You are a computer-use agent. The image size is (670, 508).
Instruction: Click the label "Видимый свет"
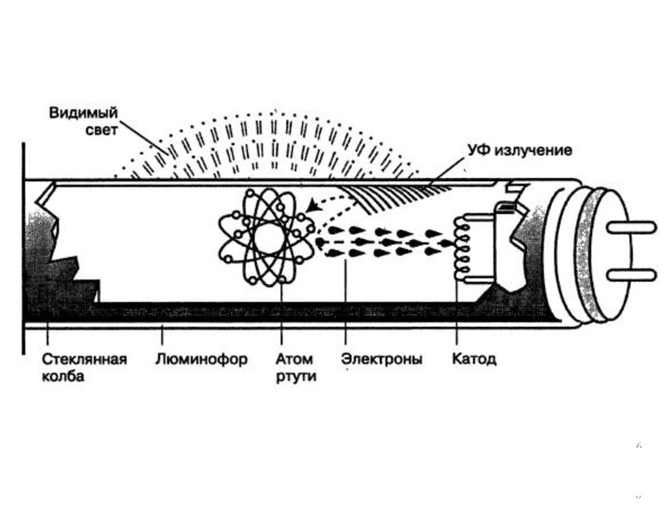(x=83, y=121)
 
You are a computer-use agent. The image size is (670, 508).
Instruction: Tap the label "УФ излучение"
(x=519, y=150)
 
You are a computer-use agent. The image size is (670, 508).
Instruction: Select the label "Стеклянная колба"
(x=85, y=367)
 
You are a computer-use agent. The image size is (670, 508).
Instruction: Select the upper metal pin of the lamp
(x=630, y=227)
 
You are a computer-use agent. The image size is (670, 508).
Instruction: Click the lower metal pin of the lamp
(x=630, y=275)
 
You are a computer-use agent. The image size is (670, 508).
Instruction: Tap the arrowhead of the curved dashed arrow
(x=311, y=207)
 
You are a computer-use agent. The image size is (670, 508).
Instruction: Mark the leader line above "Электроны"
(x=346, y=304)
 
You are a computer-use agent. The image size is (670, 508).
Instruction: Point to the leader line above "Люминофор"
(x=162, y=337)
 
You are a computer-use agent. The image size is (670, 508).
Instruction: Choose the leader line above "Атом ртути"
(x=281, y=314)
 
